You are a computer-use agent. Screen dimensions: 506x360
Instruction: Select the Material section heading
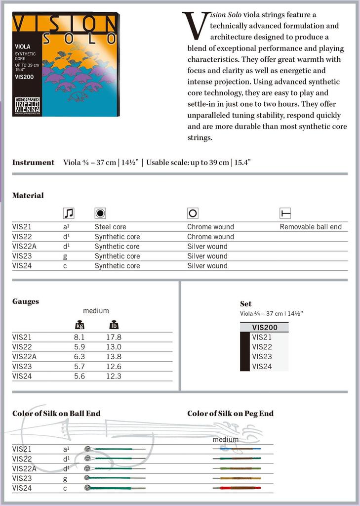point(28,195)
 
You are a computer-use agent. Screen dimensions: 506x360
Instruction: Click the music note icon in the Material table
point(69,213)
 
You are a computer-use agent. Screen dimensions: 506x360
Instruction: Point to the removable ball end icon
point(285,213)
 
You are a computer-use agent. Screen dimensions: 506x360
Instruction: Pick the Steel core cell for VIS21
point(110,227)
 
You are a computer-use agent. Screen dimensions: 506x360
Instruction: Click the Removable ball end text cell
point(311,227)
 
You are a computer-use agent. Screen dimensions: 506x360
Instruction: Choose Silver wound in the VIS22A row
point(207,246)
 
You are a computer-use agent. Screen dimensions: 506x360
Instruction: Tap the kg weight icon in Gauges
point(80,325)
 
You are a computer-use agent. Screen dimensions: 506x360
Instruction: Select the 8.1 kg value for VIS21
point(79,337)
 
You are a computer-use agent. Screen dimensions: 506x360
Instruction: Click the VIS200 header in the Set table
point(265,327)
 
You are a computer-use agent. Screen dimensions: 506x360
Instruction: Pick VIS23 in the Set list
point(262,357)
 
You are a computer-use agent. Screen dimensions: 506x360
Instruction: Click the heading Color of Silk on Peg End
point(230,414)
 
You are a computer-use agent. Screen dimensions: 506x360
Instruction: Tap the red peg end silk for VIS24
point(236,488)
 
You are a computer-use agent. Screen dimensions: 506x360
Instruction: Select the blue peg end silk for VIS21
point(236,449)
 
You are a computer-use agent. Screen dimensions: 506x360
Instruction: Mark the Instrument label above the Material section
point(33,162)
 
